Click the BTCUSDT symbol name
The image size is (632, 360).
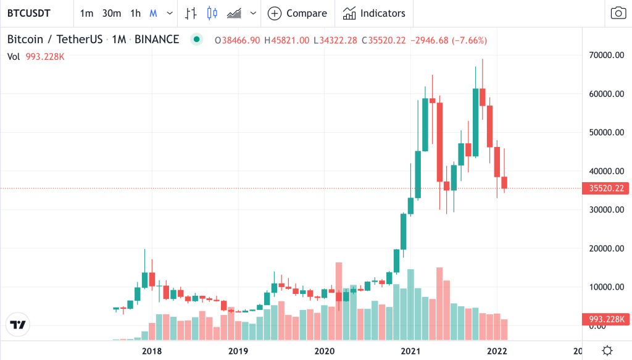click(29, 13)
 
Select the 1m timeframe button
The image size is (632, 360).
click(87, 13)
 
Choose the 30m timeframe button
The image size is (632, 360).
click(112, 13)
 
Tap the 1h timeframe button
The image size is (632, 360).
click(136, 13)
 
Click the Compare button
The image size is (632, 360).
click(297, 13)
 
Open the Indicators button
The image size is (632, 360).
click(375, 13)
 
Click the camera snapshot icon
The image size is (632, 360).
click(617, 13)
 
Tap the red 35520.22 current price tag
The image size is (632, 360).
click(605, 188)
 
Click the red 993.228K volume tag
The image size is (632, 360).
click(605, 319)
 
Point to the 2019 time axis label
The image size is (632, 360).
click(238, 351)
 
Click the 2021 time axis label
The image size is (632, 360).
click(411, 351)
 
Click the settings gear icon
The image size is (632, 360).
click(607, 350)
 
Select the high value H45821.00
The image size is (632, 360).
click(287, 40)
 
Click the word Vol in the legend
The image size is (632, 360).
click(14, 56)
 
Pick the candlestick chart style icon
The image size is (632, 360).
click(213, 13)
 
